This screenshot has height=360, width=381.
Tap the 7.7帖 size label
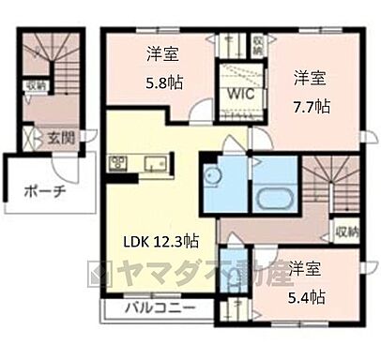pyautogui.click(x=311, y=104)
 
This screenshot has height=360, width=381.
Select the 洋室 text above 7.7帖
pyautogui.click(x=311, y=76)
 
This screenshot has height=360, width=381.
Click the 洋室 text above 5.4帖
pyautogui.click(x=306, y=269)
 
